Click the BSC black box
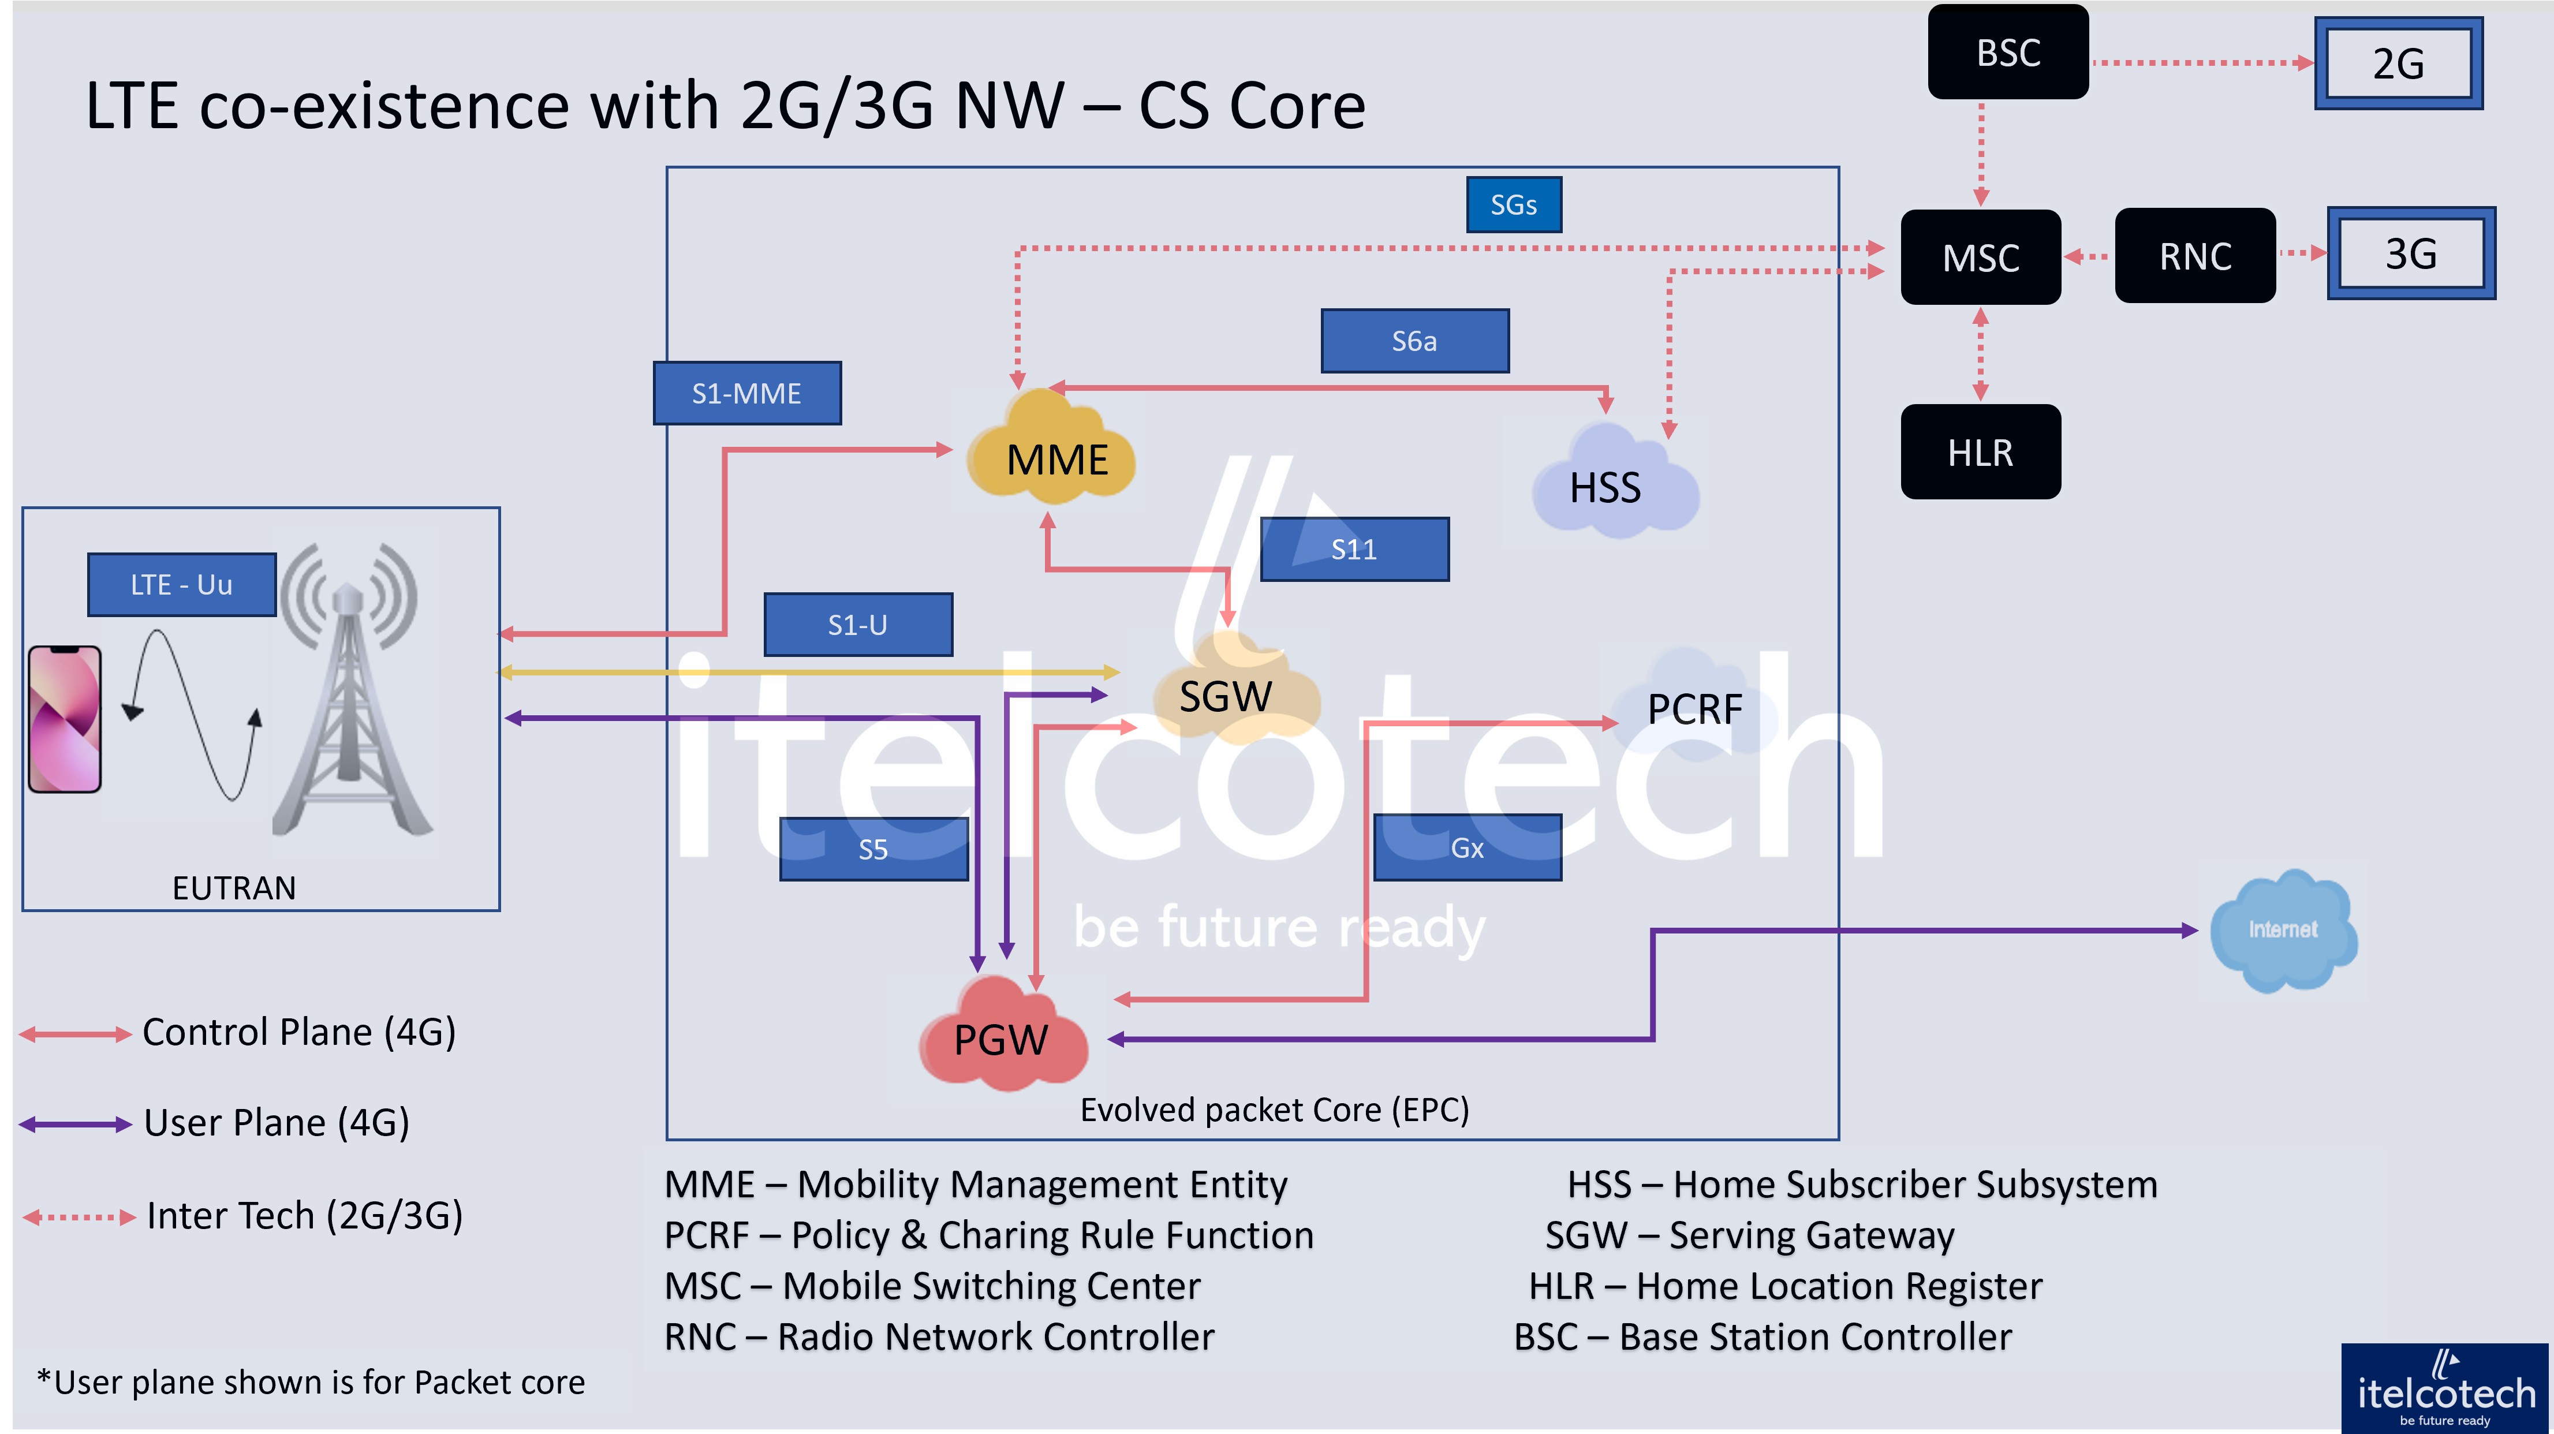pos(2008,53)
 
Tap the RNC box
pos(2195,256)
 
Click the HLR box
pos(1980,452)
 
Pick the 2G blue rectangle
pos(2398,64)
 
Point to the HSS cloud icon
pos(1606,484)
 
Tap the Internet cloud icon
pos(2282,929)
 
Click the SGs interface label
pos(1514,204)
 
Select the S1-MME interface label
pos(746,394)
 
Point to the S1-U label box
pos(858,625)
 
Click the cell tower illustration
pos(353,691)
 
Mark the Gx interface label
pos(1468,848)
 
